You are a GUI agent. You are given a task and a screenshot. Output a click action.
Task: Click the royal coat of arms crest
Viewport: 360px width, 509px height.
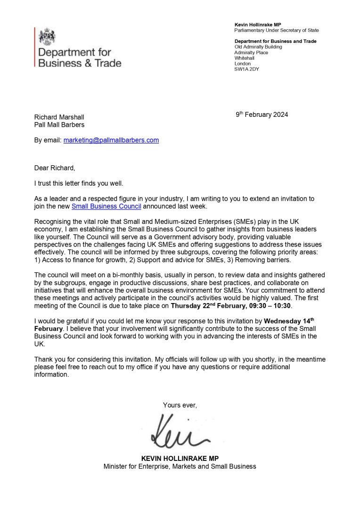tap(47, 36)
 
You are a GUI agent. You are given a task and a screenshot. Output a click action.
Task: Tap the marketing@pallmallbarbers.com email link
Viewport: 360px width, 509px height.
tap(111, 140)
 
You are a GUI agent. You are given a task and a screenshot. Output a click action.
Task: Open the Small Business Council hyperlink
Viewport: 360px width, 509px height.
tap(106, 206)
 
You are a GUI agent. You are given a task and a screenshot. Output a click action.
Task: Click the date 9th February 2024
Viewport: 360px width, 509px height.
tap(262, 115)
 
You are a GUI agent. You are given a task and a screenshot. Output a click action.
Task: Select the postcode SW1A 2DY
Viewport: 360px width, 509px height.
tap(246, 69)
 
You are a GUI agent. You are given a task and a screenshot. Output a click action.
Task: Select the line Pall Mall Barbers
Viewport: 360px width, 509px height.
tap(59, 125)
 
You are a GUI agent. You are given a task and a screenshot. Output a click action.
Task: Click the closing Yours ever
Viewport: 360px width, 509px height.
tap(180, 405)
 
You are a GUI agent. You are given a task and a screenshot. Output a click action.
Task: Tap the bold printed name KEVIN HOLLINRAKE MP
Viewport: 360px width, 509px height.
tap(180, 459)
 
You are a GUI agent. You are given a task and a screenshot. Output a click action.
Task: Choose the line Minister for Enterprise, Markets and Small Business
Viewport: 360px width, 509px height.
tap(180, 466)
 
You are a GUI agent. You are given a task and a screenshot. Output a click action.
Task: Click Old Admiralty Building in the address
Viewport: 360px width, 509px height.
tap(258, 47)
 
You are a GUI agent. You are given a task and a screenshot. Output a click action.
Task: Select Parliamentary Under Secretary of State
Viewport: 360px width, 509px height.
tap(277, 30)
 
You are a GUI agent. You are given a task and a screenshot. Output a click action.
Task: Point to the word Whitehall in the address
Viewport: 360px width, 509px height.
tap(244, 58)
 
